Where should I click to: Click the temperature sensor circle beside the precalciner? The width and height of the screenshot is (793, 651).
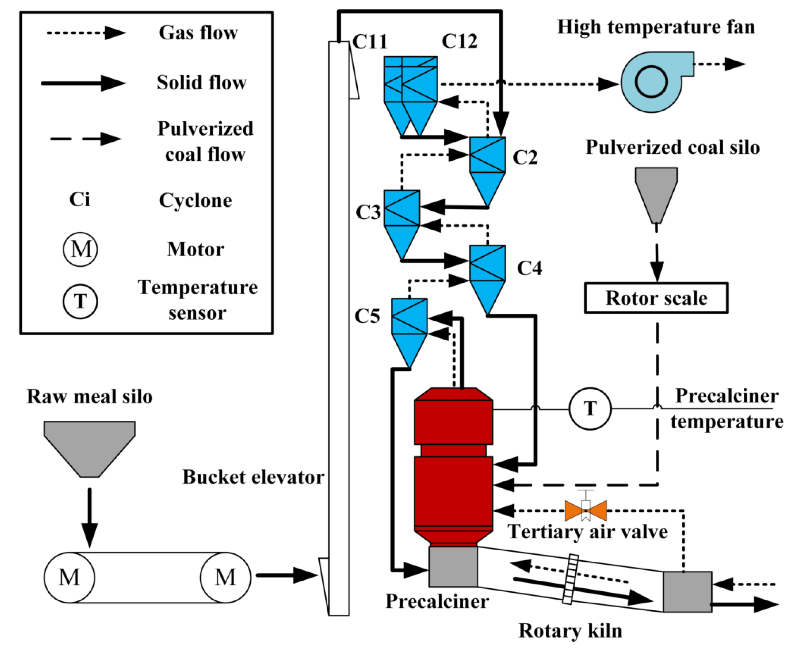coord(590,408)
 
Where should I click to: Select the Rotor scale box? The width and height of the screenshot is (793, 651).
coord(656,298)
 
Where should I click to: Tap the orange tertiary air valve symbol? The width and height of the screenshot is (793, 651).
coord(586,511)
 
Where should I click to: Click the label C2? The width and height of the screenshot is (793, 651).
coord(525,158)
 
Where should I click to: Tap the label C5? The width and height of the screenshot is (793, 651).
coord(367,316)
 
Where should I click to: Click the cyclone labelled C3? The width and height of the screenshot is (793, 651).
coord(402,223)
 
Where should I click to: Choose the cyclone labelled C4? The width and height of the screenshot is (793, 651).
coord(487,278)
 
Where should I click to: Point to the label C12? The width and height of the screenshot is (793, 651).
coord(459,41)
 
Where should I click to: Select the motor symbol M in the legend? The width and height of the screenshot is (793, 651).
coord(80,249)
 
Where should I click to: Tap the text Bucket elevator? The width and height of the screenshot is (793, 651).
coord(253,477)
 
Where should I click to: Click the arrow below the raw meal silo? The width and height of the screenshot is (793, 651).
coord(89,518)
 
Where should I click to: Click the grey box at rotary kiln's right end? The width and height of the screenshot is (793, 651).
coord(687,592)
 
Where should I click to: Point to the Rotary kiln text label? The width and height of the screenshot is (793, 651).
coord(570,630)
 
